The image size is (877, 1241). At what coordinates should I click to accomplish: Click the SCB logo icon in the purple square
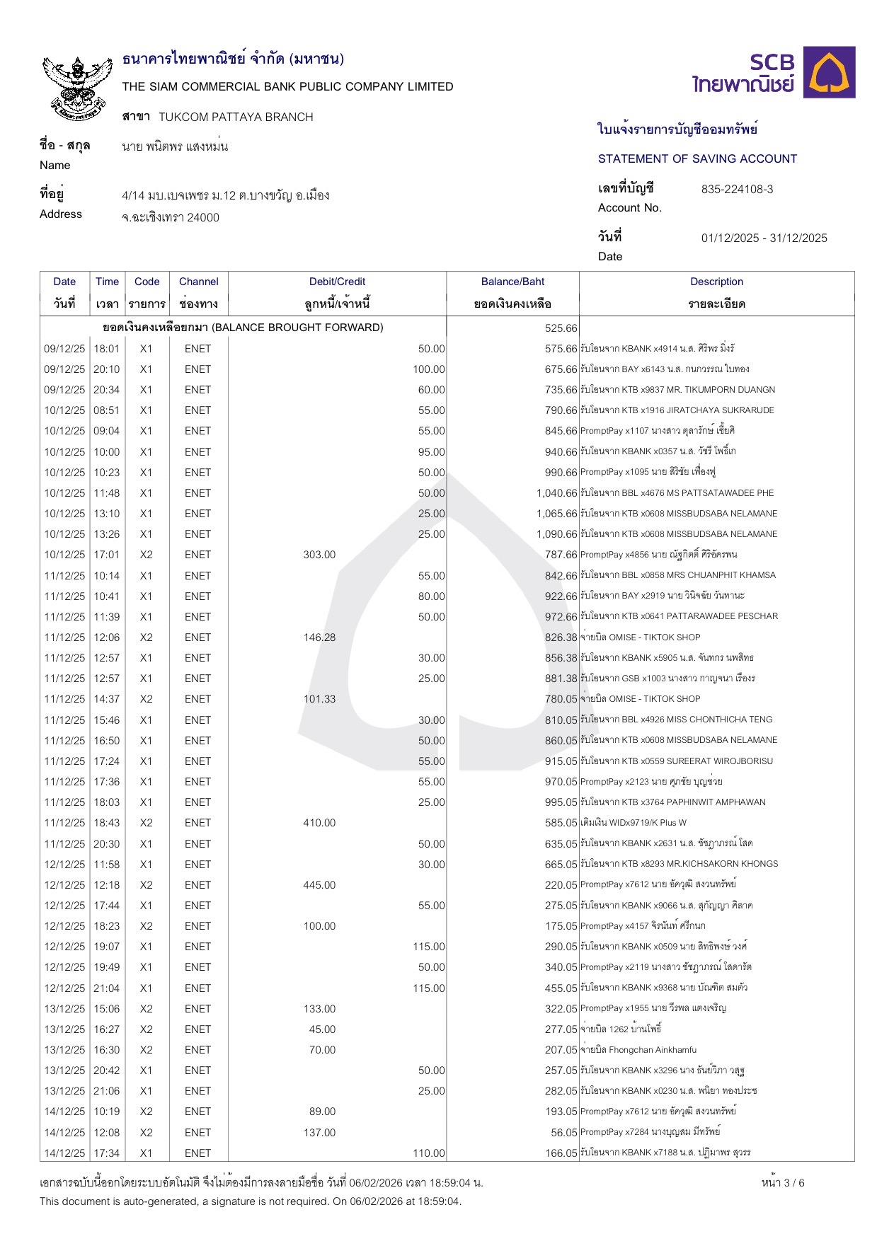click(x=832, y=72)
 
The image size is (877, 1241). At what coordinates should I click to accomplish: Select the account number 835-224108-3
click(x=737, y=190)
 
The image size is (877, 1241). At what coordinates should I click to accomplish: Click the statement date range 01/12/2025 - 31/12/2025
click(x=764, y=238)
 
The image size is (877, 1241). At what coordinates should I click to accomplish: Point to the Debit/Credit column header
click(x=337, y=282)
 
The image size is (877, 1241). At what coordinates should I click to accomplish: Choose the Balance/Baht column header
click(x=512, y=282)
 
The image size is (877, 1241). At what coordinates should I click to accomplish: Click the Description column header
click(x=716, y=282)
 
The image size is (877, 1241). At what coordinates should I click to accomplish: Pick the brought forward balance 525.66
click(x=561, y=328)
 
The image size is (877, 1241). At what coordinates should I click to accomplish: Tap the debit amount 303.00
click(x=319, y=555)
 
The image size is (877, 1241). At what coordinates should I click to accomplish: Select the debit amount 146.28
click(x=319, y=637)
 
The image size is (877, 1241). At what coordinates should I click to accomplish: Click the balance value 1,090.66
click(x=556, y=534)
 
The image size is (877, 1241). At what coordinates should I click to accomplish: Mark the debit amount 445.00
click(x=319, y=885)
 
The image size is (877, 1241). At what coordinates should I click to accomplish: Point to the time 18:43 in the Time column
click(x=107, y=823)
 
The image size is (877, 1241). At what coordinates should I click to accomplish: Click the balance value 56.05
click(x=564, y=1133)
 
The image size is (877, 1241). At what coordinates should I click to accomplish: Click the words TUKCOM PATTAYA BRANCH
click(x=236, y=117)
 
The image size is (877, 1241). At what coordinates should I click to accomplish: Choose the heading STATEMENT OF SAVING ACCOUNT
click(x=697, y=159)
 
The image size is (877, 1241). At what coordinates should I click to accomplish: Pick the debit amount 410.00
click(x=319, y=823)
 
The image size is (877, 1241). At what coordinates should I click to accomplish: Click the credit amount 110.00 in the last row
click(x=429, y=1153)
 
